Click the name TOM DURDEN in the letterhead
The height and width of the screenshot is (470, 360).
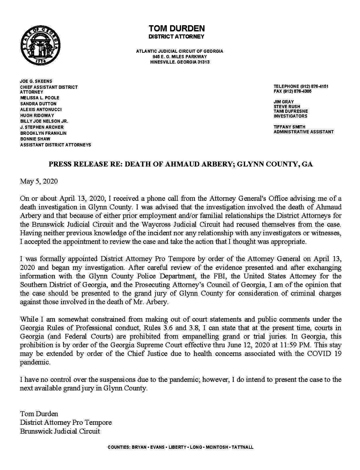[176, 29]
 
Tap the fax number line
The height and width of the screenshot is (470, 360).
[292, 91]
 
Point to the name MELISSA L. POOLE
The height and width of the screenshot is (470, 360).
[40, 98]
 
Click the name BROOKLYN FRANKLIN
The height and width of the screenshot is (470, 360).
[43, 133]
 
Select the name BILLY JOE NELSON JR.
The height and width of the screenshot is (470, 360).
[44, 121]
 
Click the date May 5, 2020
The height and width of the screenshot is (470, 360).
[39, 181]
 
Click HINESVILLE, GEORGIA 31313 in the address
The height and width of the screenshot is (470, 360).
[180, 62]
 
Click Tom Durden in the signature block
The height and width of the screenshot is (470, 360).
[39, 414]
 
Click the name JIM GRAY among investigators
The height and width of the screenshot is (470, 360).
[284, 102]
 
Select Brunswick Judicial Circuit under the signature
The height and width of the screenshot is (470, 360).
[60, 431]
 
